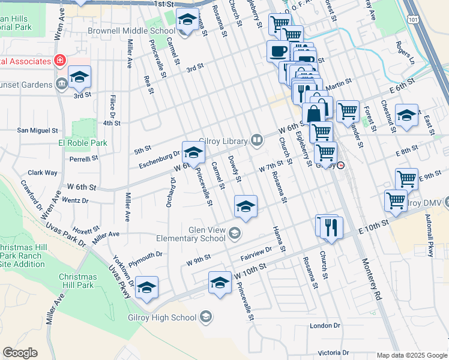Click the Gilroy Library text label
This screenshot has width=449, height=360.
pos(224,140)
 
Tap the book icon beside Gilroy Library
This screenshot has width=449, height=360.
pos(257,140)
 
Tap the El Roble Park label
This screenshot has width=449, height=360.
pos(82,143)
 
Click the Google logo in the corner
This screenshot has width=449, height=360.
pos(20,353)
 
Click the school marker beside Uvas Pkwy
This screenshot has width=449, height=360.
pos(146,287)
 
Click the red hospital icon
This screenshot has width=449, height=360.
pos(59,61)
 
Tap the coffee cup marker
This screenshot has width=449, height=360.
pos(278,50)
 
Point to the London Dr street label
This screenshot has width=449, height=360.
pos(325,326)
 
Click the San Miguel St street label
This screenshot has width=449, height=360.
pos(37,130)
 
